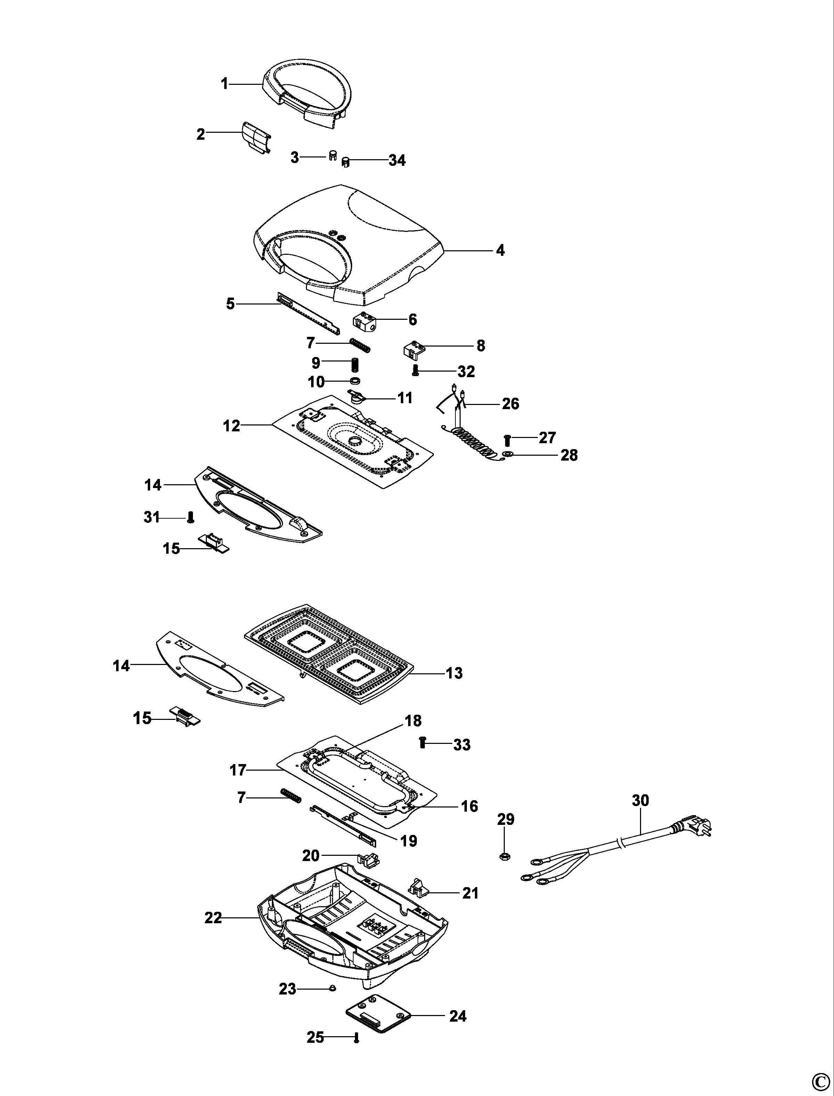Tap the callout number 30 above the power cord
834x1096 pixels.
[640, 800]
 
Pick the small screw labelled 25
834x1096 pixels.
[355, 1038]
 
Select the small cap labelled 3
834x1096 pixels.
[333, 155]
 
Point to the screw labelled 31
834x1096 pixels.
[189, 518]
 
